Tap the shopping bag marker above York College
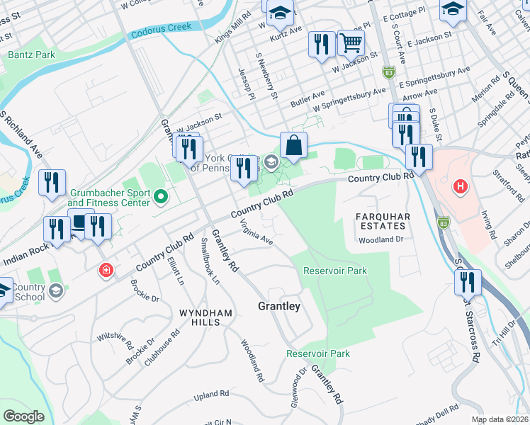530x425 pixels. coord(293,146)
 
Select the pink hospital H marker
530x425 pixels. coord(461,188)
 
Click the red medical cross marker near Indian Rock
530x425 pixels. coord(106,271)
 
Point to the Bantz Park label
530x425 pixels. coord(28,54)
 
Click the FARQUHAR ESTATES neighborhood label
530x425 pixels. coord(372,220)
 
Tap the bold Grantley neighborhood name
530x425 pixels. coord(278,307)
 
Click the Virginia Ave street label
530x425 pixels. coord(256,232)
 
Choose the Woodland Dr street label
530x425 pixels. coord(380,239)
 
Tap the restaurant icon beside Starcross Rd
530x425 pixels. coord(468,282)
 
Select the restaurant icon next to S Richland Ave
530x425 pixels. coord(52,183)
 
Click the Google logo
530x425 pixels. coord(23,416)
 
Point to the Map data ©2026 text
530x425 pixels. coord(499,419)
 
